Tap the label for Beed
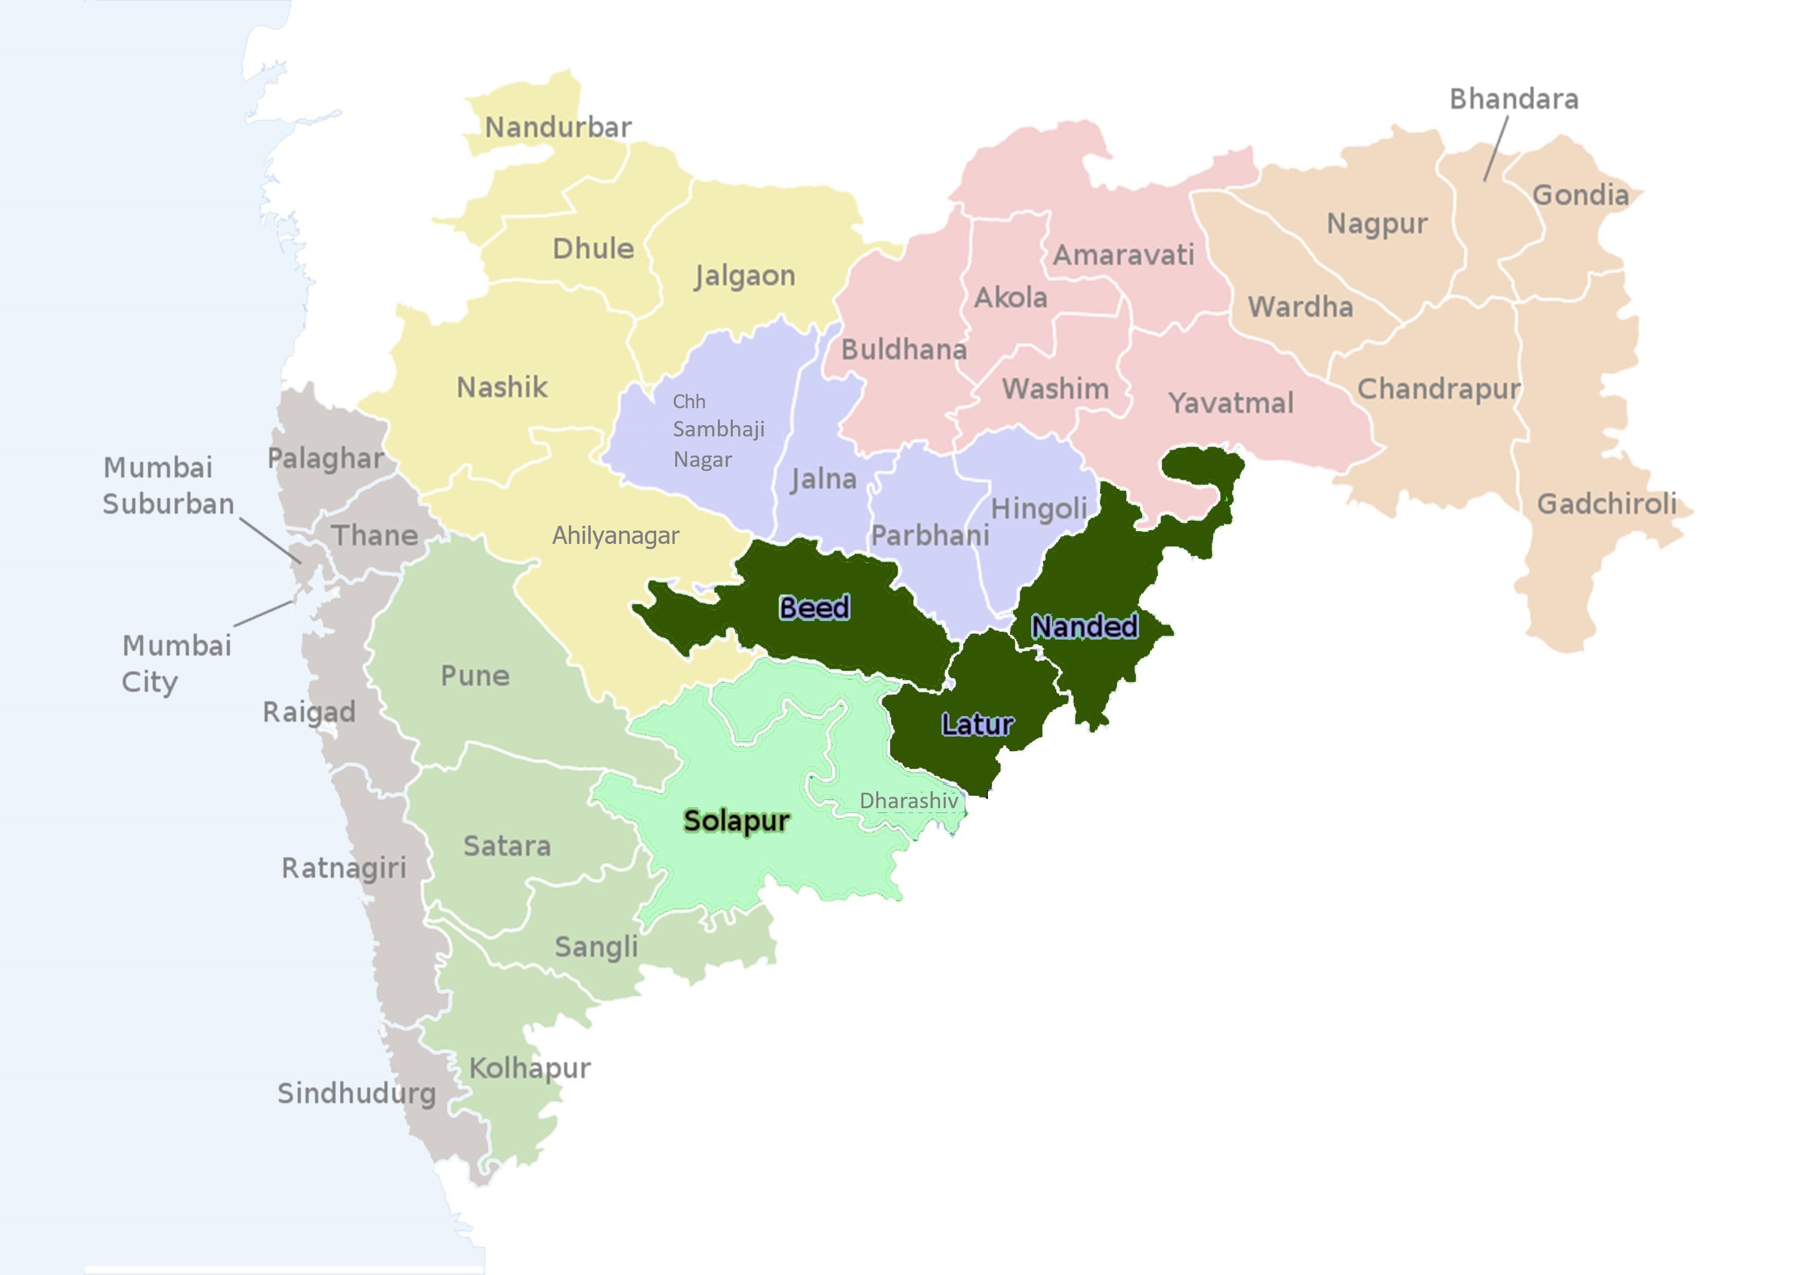(x=814, y=607)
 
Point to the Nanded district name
(x=1084, y=626)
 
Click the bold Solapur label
(x=736, y=821)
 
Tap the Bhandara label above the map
(x=1513, y=99)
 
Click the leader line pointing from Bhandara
(x=1495, y=149)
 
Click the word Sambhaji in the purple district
(x=718, y=429)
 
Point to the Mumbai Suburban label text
(x=168, y=485)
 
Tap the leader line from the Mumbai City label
(x=264, y=613)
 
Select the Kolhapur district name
(x=530, y=1068)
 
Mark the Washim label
(x=1055, y=389)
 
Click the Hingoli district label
(x=1039, y=509)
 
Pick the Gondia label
(x=1580, y=195)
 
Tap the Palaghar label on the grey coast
(x=326, y=459)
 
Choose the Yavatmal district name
(x=1231, y=403)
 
